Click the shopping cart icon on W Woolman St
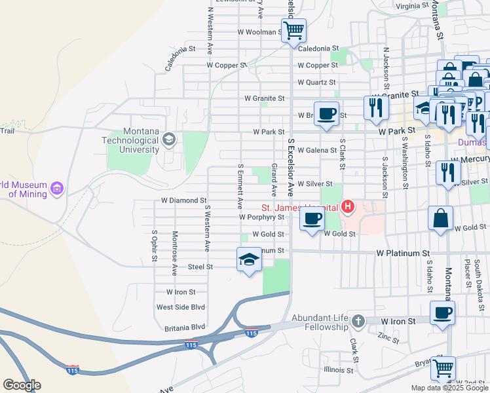[x=293, y=30]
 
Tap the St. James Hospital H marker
[x=348, y=208]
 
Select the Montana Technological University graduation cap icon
[x=169, y=139]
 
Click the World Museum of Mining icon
[x=57, y=189]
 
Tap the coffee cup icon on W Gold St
[x=312, y=219]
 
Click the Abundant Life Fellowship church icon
[x=358, y=322]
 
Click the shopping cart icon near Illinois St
[x=443, y=368]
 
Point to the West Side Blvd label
[x=181, y=307]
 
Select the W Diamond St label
[x=184, y=200]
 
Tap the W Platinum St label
[x=403, y=253]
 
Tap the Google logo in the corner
[x=21, y=385]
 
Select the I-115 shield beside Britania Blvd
[x=251, y=333]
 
